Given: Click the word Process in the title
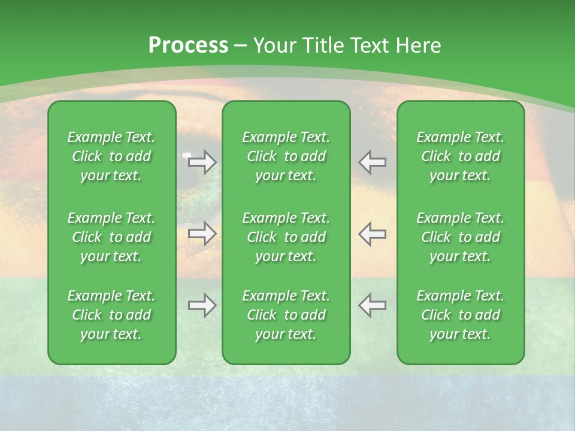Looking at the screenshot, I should pyautogui.click(x=188, y=45).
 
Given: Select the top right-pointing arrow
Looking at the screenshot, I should pyautogui.click(x=202, y=162).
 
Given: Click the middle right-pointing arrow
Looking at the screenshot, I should pyautogui.click(x=202, y=233).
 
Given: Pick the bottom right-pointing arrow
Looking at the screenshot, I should pyautogui.click(x=202, y=305).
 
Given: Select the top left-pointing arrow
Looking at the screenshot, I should pyautogui.click(x=372, y=162).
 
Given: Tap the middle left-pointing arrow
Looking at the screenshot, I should pyautogui.click(x=372, y=233).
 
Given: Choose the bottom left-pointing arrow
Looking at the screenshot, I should pyautogui.click(x=372, y=305).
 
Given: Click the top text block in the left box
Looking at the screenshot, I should pyautogui.click(x=111, y=156).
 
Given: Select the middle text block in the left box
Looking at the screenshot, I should pyautogui.click(x=111, y=237).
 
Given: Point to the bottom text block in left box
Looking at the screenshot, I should pyautogui.click(x=111, y=315).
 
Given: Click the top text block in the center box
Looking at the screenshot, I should pyautogui.click(x=286, y=156).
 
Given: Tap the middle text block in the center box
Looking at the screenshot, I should pyautogui.click(x=286, y=237).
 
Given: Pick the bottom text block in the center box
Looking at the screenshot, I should pyautogui.click(x=286, y=315).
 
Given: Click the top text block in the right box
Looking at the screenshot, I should pyautogui.click(x=460, y=156).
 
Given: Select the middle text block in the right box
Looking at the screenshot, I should pyautogui.click(x=460, y=237).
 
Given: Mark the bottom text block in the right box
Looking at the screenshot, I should pyautogui.click(x=460, y=315).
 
